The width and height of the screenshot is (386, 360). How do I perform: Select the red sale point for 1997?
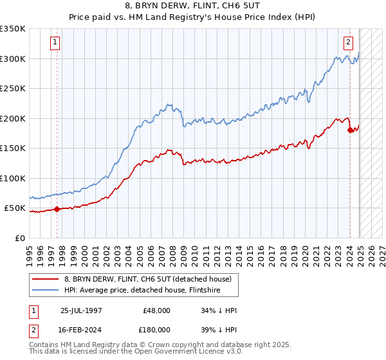click(x=57, y=209)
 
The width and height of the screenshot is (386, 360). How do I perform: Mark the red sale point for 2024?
click(x=351, y=130)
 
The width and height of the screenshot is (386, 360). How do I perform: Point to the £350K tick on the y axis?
click(x=13, y=29)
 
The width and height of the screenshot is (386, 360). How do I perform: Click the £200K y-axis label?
click(x=13, y=118)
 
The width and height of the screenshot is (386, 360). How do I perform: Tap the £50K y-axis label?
click(x=15, y=208)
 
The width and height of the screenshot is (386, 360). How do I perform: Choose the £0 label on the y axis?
click(x=20, y=239)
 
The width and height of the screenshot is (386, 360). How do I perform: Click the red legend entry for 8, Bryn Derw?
click(x=151, y=279)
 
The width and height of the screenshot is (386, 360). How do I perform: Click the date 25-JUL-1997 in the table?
click(x=82, y=310)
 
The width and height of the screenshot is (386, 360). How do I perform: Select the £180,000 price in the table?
click(x=157, y=329)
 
